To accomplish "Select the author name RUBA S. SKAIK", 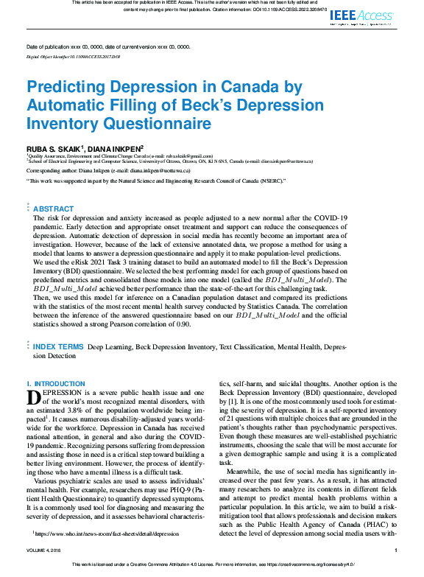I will click(x=54, y=147).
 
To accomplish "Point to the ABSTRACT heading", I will click(x=53, y=188).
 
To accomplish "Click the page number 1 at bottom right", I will click(x=396, y=570).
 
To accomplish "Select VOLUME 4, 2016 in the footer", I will click(x=46, y=570).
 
